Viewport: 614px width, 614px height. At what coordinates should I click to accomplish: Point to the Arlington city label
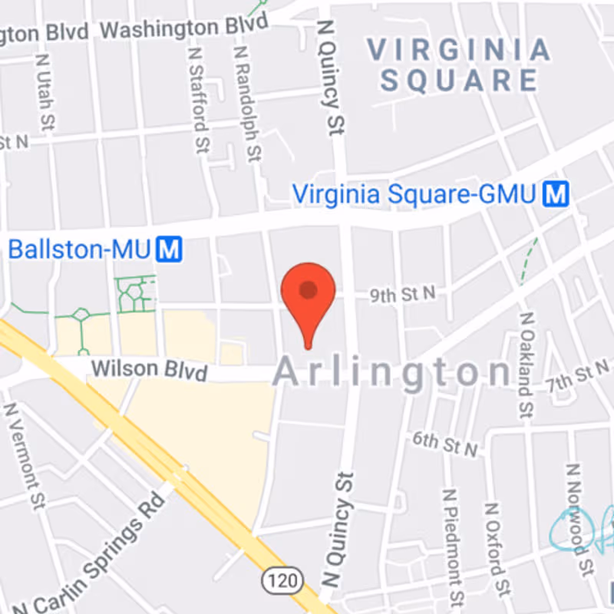click(x=391, y=373)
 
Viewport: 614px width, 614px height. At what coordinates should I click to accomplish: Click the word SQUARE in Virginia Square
click(x=460, y=80)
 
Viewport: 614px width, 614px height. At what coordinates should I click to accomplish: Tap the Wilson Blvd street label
click(x=149, y=370)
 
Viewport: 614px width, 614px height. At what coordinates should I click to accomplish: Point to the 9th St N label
click(x=402, y=292)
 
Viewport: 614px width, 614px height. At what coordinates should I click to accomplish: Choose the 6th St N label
click(x=445, y=443)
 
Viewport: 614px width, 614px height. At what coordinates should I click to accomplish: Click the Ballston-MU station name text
click(x=80, y=249)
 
